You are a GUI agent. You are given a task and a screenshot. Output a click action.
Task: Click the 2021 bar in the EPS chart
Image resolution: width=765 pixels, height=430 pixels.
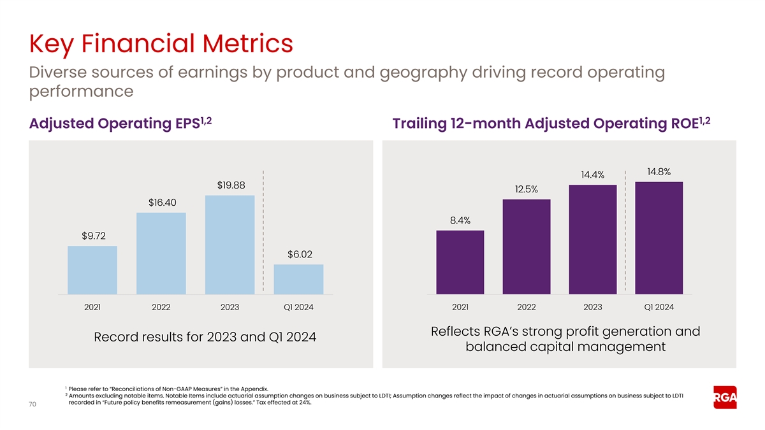(92, 270)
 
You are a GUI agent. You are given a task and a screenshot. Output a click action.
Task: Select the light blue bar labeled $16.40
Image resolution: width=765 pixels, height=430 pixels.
(161, 254)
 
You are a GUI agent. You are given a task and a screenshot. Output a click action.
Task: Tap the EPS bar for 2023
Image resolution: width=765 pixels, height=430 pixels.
(229, 245)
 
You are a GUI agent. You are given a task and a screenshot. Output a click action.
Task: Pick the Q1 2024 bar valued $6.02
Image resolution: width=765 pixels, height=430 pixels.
(298, 280)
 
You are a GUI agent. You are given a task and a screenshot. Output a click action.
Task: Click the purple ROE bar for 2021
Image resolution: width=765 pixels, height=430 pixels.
(460, 262)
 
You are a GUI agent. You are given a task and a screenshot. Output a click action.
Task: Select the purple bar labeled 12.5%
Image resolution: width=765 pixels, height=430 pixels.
(527, 247)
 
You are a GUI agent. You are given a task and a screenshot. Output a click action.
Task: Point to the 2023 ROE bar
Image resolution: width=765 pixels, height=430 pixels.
(593, 240)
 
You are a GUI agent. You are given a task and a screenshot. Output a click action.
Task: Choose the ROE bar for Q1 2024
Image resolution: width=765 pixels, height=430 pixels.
(659, 238)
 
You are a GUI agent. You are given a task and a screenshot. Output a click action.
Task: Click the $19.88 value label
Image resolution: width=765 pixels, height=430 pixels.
(230, 185)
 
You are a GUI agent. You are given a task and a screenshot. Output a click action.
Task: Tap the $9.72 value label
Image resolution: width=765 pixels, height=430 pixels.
(93, 236)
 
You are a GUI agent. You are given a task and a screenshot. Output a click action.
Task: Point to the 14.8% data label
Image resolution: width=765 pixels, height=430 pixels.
(659, 171)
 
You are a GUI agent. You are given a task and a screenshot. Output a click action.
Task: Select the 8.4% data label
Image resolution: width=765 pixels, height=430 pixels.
(460, 220)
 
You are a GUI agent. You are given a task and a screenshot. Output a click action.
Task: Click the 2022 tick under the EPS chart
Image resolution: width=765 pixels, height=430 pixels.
(161, 307)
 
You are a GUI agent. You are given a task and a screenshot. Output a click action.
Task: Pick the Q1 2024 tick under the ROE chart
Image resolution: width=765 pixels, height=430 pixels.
(659, 307)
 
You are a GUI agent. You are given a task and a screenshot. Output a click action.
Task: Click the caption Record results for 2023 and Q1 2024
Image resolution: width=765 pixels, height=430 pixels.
(205, 336)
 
